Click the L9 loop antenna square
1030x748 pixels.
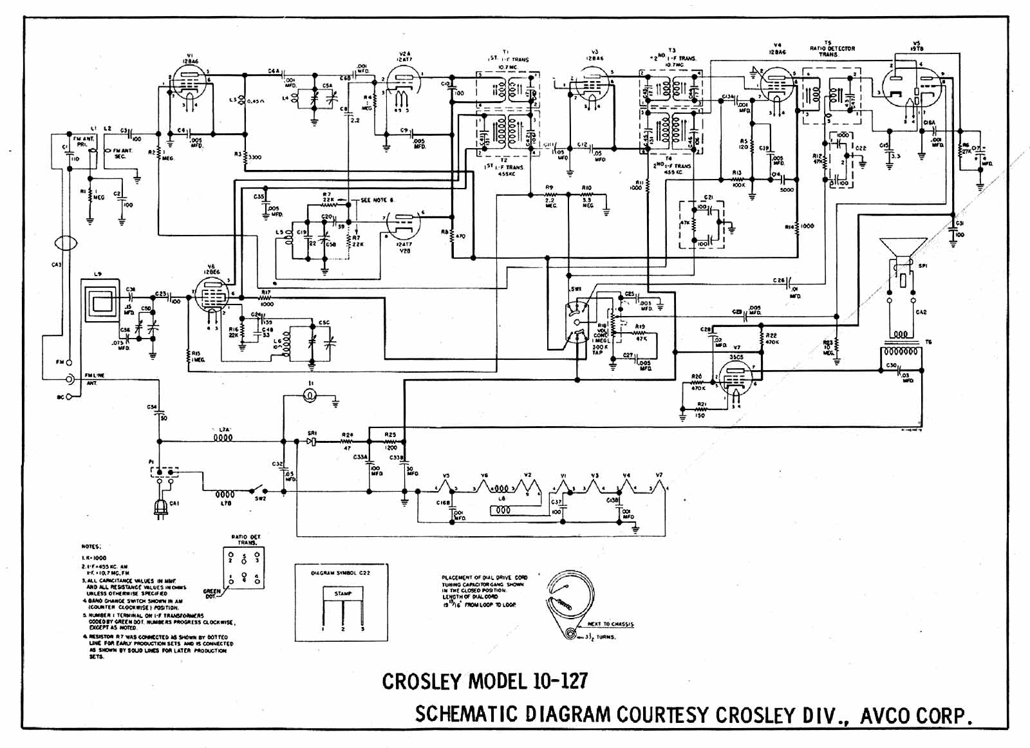(100, 300)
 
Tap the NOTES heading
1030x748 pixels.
(90, 546)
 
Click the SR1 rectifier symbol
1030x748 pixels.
(312, 442)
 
